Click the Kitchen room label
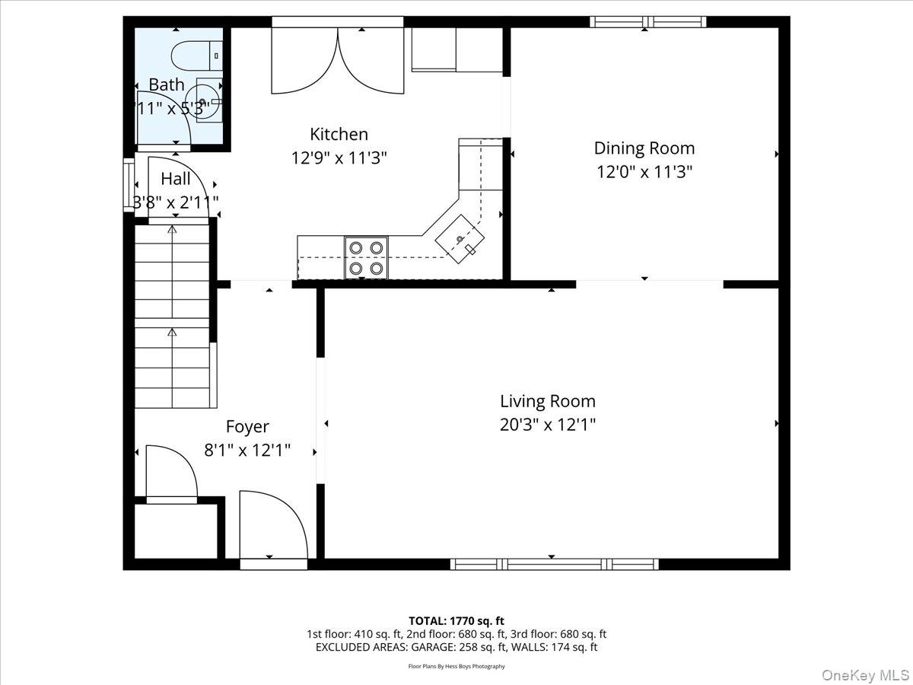click(x=339, y=135)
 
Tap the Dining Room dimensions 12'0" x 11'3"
click(x=644, y=172)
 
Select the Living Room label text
click(x=547, y=401)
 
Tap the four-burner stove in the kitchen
click(x=366, y=257)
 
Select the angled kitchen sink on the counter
click(x=460, y=239)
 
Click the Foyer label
click(x=247, y=427)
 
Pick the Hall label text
click(x=176, y=180)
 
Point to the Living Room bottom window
click(x=553, y=564)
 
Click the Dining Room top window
click(x=647, y=22)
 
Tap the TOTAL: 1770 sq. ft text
click(x=456, y=620)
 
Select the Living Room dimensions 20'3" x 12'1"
click(x=547, y=425)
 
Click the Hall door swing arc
click(x=177, y=187)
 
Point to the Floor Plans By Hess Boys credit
click(x=456, y=667)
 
